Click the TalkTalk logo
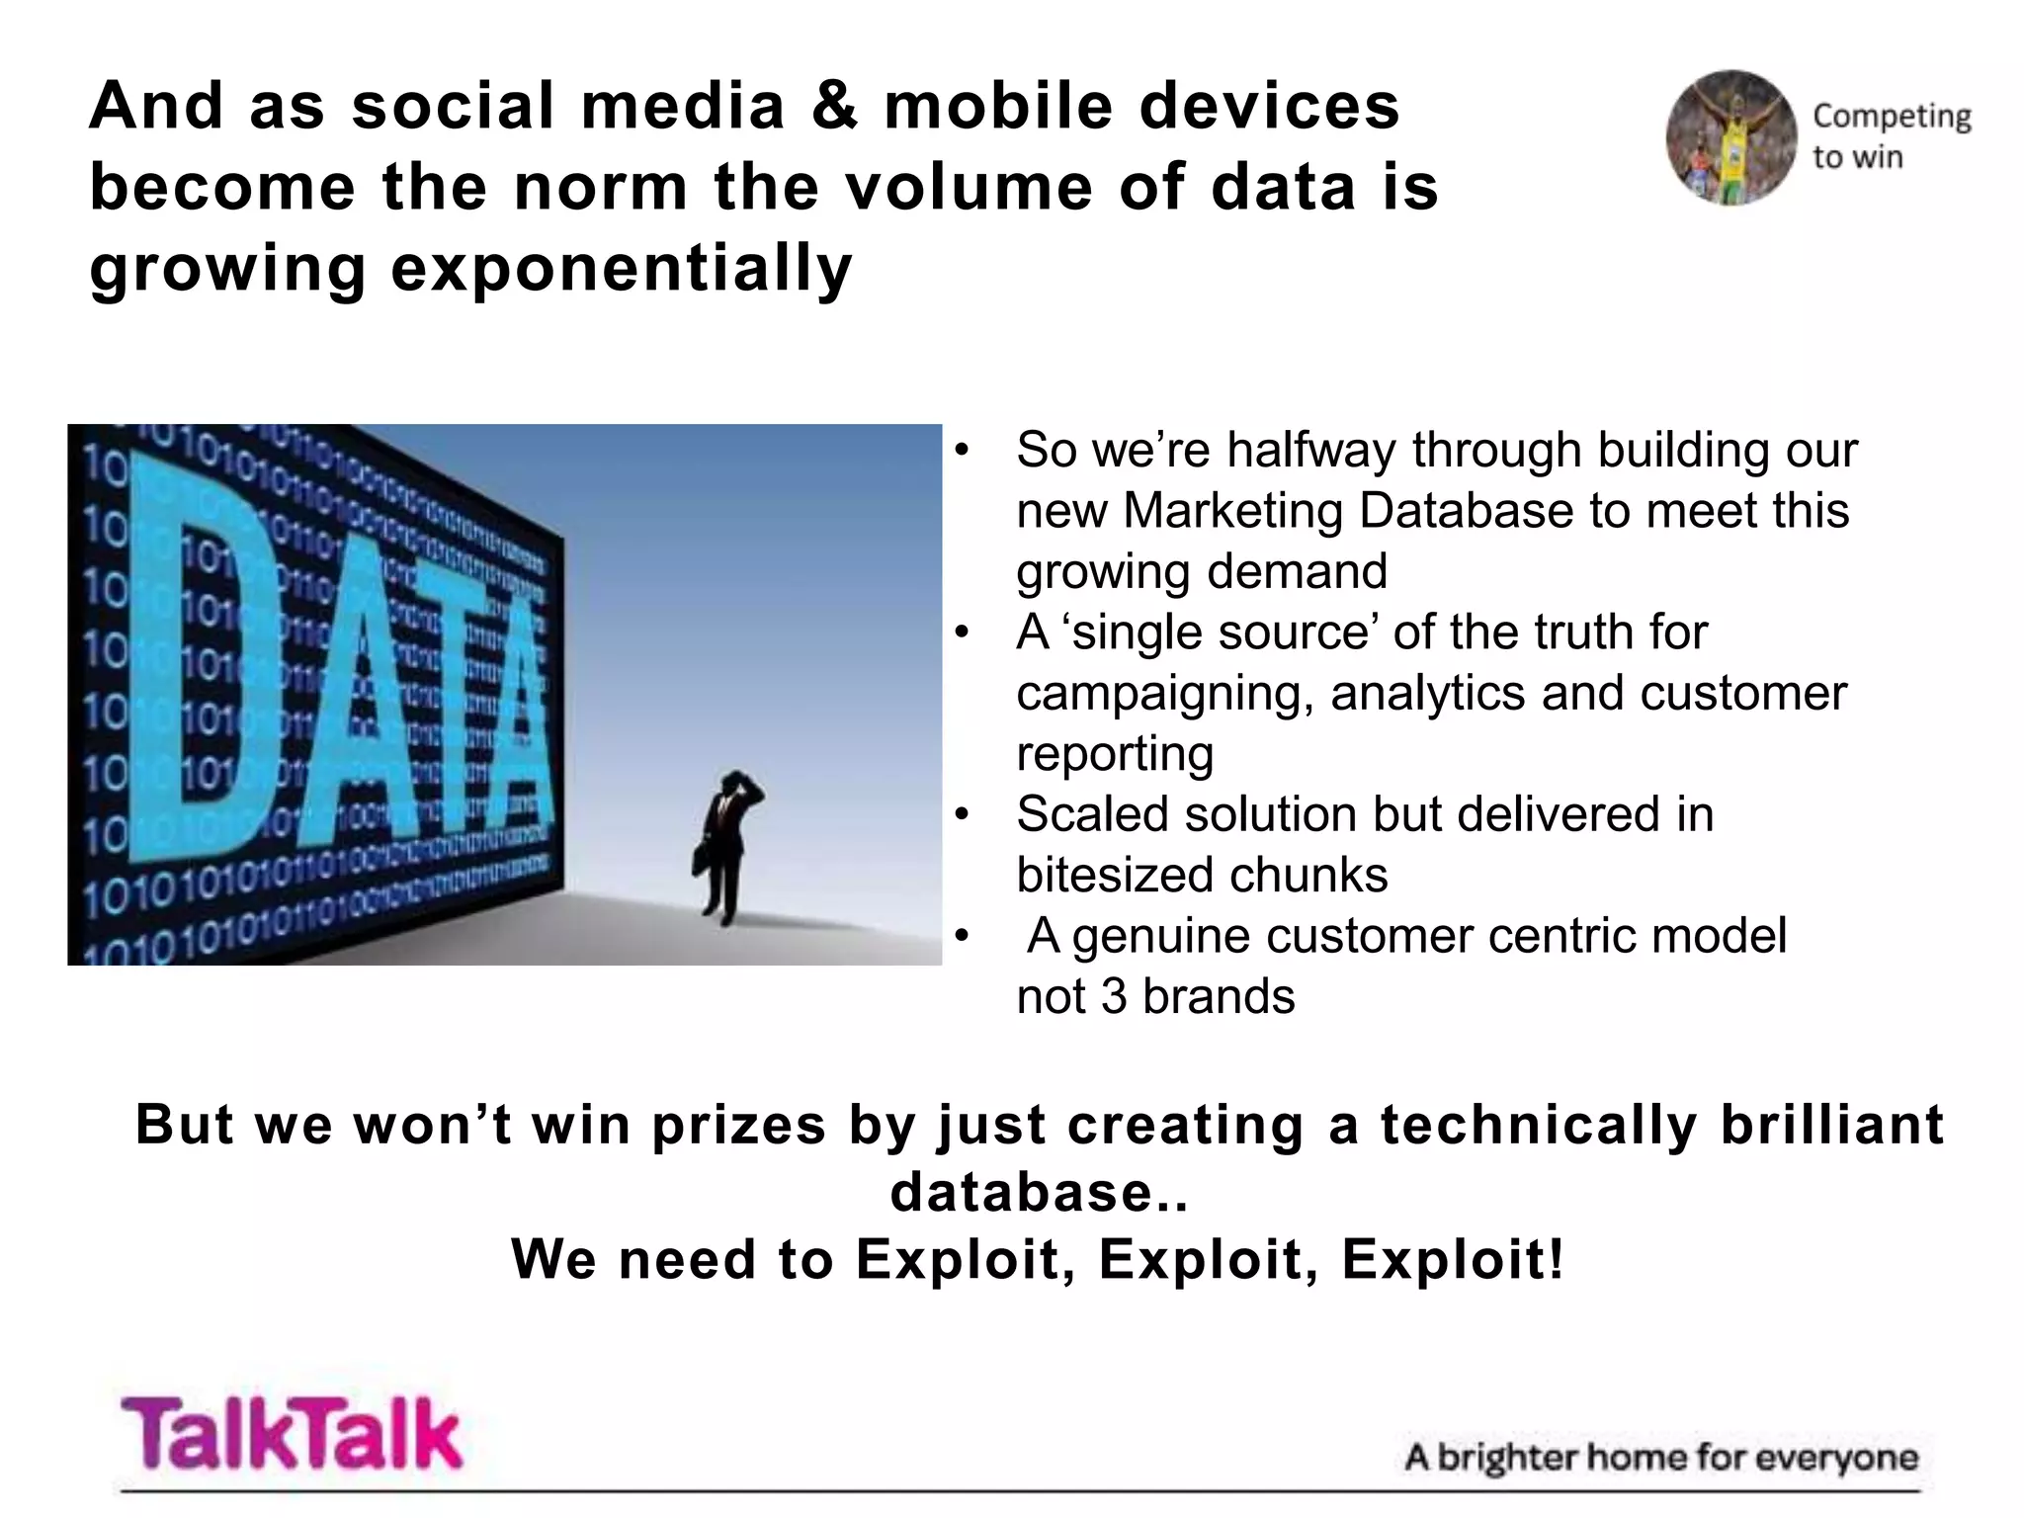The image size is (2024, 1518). coord(292,1433)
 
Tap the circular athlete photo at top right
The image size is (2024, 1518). coord(1731,137)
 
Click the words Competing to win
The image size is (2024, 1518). coord(1890,136)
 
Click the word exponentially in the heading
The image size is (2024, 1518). coord(622,268)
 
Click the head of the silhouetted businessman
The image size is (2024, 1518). coord(733,783)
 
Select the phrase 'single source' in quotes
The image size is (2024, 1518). coord(1225,632)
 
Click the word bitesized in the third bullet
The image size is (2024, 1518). coord(1113,876)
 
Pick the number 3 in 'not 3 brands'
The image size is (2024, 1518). coord(1113,996)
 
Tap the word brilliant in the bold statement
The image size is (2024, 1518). coord(1831,1125)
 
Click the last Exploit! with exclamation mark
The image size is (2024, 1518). coord(1454,1259)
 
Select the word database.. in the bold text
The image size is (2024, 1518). coord(1039,1192)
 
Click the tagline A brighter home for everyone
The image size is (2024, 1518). coord(1660,1458)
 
